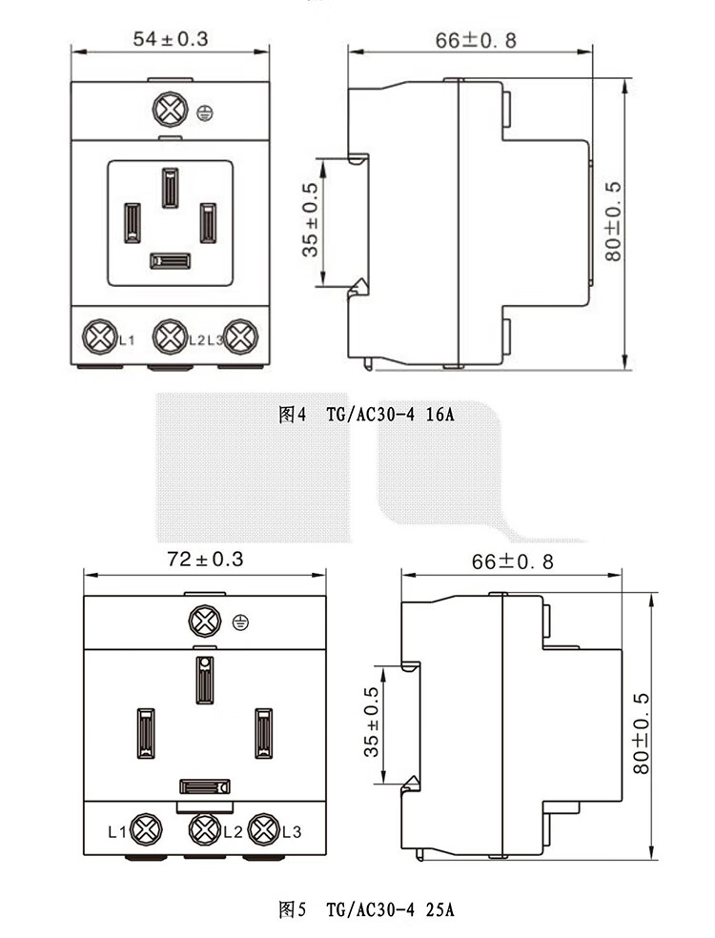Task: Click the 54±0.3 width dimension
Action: [x=171, y=39]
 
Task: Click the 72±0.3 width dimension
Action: [x=205, y=560]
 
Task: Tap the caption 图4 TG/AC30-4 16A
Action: [x=366, y=414]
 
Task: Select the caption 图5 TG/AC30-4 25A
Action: [x=366, y=910]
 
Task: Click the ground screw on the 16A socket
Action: [x=171, y=110]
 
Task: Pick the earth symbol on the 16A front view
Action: [x=205, y=112]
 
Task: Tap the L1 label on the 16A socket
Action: [x=127, y=340]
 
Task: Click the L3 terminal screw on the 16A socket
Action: [x=240, y=336]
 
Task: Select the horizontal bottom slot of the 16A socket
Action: [x=170, y=261]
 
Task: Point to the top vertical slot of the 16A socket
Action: [x=170, y=187]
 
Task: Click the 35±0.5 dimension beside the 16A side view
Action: [x=311, y=219]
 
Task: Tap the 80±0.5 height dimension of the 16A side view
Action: [x=613, y=221]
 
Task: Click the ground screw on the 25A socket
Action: [x=205, y=622]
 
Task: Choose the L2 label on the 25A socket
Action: [x=233, y=831]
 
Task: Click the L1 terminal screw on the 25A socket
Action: [x=147, y=829]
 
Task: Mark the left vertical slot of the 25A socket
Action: [x=146, y=733]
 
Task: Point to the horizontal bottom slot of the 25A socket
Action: [x=205, y=786]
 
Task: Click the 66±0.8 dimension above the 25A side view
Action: [x=512, y=561]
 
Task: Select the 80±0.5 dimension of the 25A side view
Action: [x=641, y=733]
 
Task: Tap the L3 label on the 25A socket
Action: [x=292, y=831]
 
